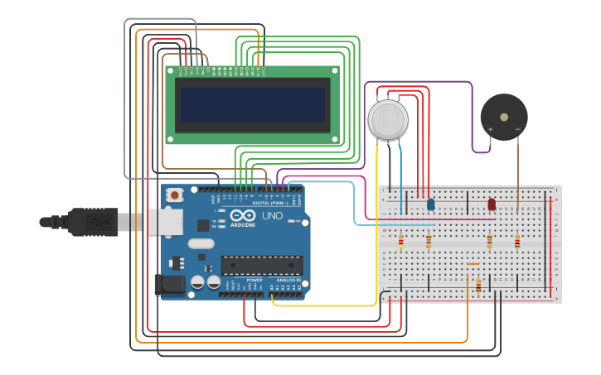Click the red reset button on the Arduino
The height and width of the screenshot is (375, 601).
tap(175, 195)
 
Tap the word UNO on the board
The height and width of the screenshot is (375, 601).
tap(272, 216)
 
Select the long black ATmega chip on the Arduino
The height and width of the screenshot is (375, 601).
tap(261, 265)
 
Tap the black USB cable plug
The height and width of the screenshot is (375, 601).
tap(91, 222)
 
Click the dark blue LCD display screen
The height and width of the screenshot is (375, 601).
tap(253, 104)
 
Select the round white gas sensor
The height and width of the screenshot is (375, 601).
tap(388, 120)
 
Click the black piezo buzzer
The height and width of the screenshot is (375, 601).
tap(504, 117)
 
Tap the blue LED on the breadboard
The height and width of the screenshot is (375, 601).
tap(430, 204)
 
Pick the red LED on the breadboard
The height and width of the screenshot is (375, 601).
tap(492, 204)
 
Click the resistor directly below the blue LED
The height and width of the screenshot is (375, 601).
tap(429, 241)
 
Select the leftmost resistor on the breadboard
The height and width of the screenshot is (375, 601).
tap(401, 242)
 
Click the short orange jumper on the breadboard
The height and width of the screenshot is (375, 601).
tap(473, 264)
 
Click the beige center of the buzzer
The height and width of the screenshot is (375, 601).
tap(504, 117)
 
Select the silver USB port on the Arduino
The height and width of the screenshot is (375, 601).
tap(164, 222)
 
